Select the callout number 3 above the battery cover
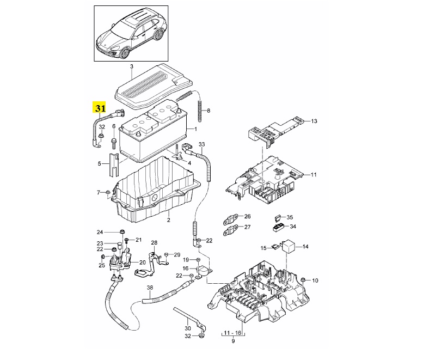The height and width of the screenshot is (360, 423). (x=132, y=66)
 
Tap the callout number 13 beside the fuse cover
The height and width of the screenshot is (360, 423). (x=314, y=121)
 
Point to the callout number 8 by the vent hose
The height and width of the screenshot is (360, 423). (x=209, y=111)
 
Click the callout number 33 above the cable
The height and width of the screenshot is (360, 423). (x=202, y=144)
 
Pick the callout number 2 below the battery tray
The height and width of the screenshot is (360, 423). (x=169, y=220)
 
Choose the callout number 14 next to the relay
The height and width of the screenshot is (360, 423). (x=305, y=246)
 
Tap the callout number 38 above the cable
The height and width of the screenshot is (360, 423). (x=150, y=288)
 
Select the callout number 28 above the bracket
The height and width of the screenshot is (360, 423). (x=154, y=242)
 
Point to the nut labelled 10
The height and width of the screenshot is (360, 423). (x=303, y=279)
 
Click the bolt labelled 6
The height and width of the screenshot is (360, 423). (x=114, y=142)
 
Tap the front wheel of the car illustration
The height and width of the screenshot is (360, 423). (x=125, y=53)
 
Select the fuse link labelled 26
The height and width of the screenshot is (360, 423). (x=230, y=218)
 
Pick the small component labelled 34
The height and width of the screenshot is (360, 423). (x=279, y=227)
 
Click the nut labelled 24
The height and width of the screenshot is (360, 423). (x=121, y=231)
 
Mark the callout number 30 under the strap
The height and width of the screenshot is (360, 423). (x=188, y=328)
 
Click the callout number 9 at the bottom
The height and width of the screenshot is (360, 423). (x=233, y=341)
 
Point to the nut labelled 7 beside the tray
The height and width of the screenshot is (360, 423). (x=107, y=192)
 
